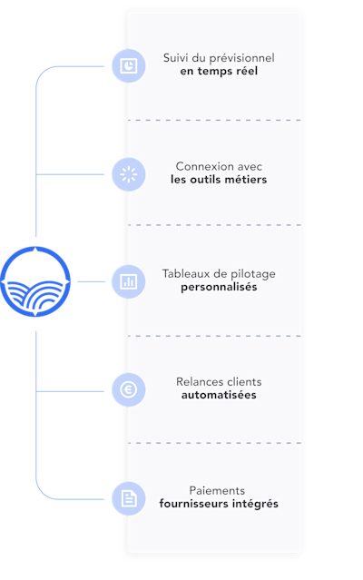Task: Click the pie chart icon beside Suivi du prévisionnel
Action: click(129, 66)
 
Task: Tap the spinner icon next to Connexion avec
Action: click(129, 174)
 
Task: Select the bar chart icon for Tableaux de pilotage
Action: click(129, 281)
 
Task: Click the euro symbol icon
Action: click(129, 389)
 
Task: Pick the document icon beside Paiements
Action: click(129, 498)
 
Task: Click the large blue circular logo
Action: click(35, 282)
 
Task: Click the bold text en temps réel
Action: click(219, 71)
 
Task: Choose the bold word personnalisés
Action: click(219, 288)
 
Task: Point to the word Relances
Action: click(197, 382)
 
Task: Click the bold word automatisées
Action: click(219, 395)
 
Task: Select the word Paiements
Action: click(217, 490)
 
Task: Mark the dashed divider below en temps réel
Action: click(214, 120)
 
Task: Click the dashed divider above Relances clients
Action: click(214, 336)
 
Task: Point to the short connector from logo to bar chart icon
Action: click(92, 282)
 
